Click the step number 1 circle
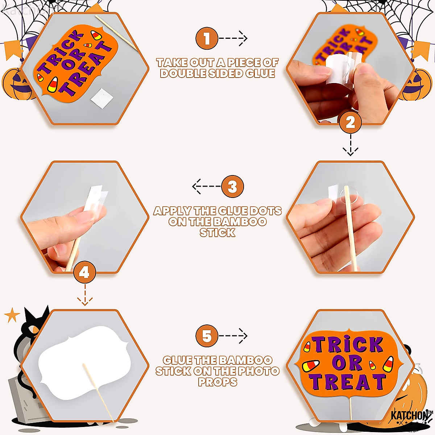(x=207, y=38)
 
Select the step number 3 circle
(x=232, y=187)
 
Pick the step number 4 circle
(x=84, y=273)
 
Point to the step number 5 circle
(x=207, y=336)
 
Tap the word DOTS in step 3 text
(x=265, y=211)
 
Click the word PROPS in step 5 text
(x=217, y=382)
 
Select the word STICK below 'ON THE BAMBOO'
(x=217, y=233)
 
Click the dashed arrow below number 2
(x=350, y=145)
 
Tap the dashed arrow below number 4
(x=85, y=295)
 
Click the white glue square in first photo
(x=102, y=98)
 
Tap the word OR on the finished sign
(x=347, y=363)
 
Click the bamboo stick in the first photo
(x=116, y=33)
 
